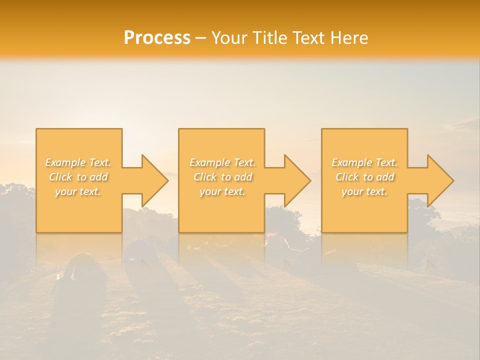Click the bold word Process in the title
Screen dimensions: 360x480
(157, 38)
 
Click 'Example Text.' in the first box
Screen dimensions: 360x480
(78, 162)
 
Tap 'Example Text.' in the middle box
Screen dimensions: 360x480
(222, 162)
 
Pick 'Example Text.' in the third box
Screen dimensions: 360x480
(364, 162)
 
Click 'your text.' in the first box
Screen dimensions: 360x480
(78, 191)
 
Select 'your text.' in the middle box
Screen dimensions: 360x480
(222, 191)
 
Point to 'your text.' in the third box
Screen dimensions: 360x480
(364, 191)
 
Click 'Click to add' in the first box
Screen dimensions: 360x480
(78, 177)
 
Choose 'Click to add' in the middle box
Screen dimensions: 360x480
(222, 177)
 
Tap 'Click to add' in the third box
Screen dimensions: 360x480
(364, 177)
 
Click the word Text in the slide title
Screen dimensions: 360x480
(308, 38)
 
